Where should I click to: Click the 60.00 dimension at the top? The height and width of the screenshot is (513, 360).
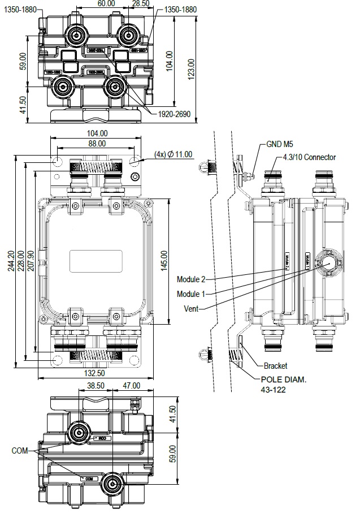click(106, 3)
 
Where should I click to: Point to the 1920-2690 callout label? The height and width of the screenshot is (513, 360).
click(175, 114)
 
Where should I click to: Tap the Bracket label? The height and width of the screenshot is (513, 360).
click(275, 366)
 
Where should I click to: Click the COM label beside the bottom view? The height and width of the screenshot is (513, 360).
click(20, 451)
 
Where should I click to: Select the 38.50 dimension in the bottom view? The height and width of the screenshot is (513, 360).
click(95, 386)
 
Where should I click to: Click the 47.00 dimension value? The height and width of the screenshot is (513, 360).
click(131, 386)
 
